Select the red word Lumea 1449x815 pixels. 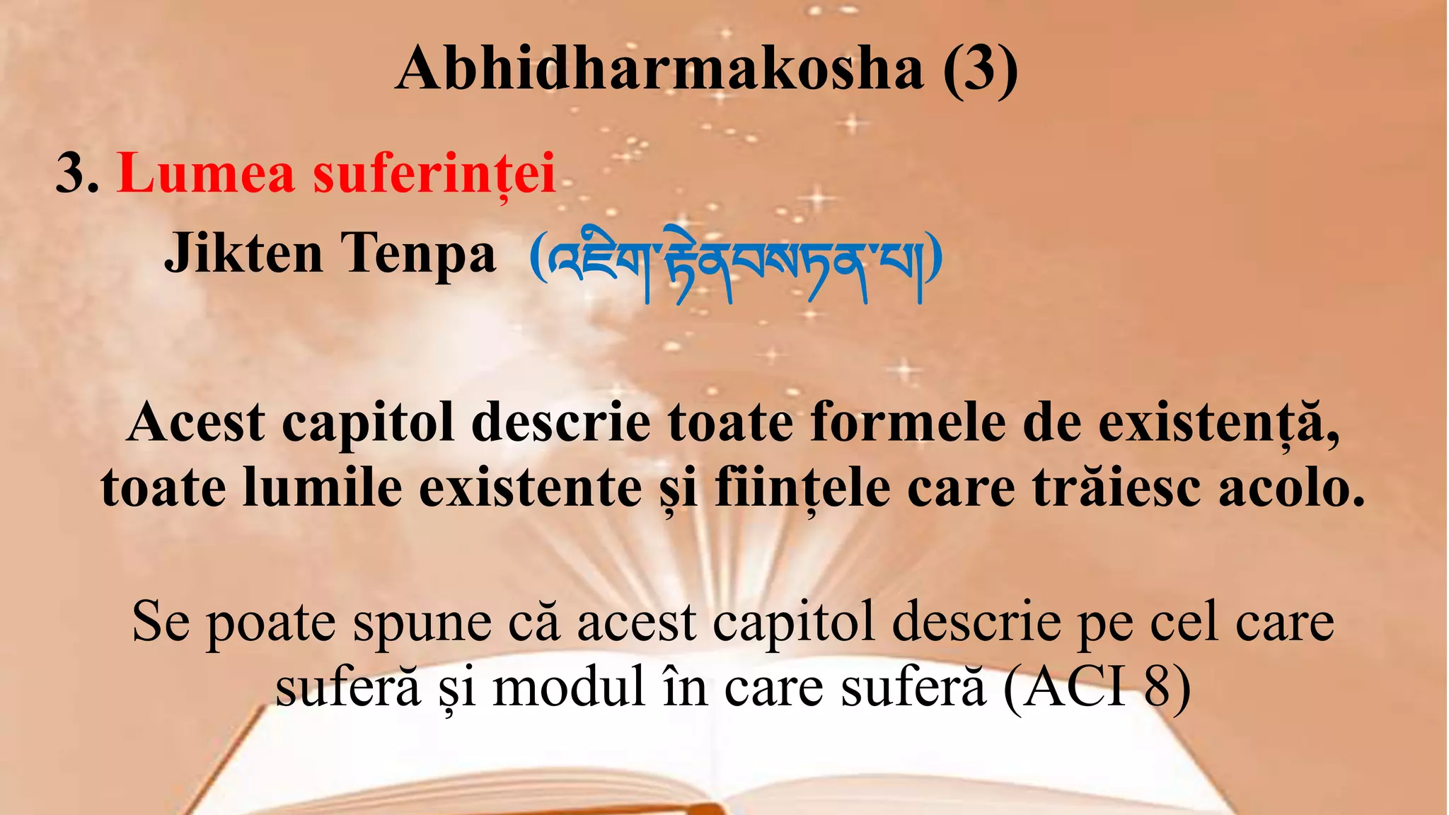205,173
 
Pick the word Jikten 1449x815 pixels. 243,253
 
